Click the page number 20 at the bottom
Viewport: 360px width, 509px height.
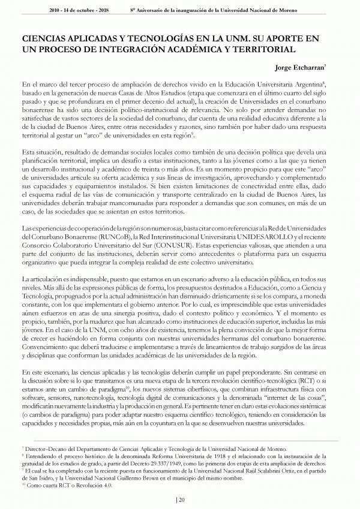coord(181,499)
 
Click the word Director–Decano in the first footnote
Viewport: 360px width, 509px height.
coord(45,448)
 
